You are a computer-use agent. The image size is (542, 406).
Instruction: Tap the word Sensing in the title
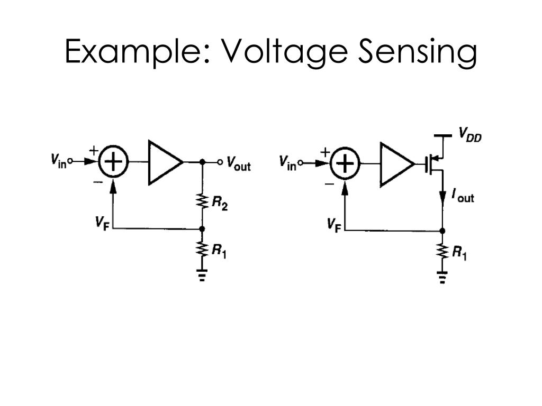[x=418, y=52]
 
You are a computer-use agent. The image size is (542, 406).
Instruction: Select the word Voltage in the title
[x=284, y=52]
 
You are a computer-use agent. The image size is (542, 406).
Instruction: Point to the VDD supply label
[x=470, y=134]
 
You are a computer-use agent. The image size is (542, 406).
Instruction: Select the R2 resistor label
[x=220, y=203]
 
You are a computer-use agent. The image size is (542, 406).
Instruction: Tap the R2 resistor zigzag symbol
[x=203, y=201]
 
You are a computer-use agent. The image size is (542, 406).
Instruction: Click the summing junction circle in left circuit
[x=113, y=162]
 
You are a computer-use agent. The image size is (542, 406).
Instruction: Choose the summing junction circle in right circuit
[x=345, y=163]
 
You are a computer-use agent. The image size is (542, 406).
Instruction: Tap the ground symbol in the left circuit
[x=203, y=275]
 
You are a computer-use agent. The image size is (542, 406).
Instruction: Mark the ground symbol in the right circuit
[x=442, y=277]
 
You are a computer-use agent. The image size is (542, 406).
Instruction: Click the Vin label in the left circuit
[x=58, y=161]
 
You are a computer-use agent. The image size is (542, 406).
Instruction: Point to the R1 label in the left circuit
[x=219, y=251]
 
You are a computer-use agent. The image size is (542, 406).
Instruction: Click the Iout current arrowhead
[x=442, y=198]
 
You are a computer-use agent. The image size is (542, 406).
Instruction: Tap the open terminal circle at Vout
[x=220, y=162]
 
